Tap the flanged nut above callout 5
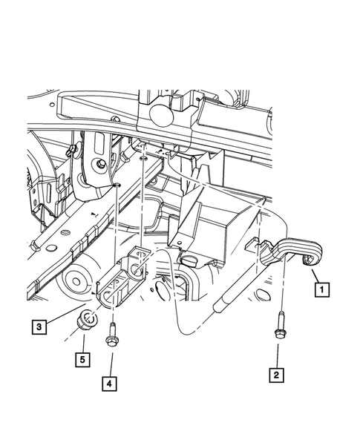pyautogui.click(x=87, y=322)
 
